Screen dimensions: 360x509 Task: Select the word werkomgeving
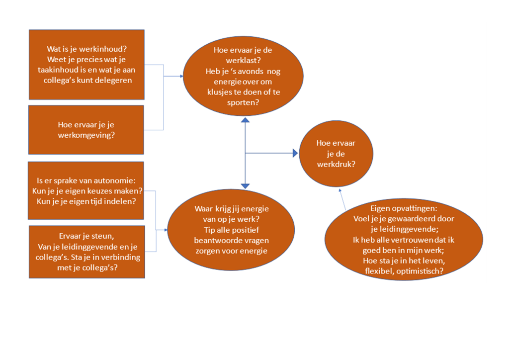tap(87, 135)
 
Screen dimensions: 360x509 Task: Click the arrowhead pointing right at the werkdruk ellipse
tap(295, 154)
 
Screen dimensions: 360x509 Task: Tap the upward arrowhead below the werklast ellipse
tap(245, 121)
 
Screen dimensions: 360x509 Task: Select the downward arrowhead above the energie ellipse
tap(245, 185)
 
